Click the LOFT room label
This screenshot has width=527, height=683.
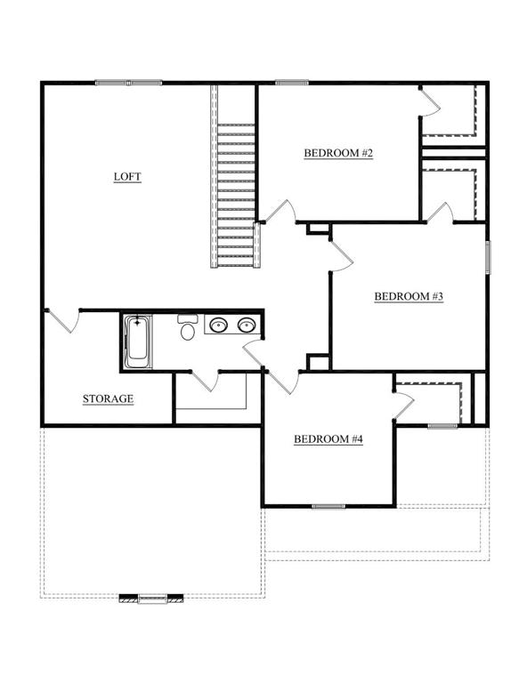point(127,176)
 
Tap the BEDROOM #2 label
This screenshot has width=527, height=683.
point(338,153)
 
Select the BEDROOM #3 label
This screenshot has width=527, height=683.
point(409,296)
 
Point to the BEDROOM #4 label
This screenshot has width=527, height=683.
point(328,438)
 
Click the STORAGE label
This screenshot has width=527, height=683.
point(108,398)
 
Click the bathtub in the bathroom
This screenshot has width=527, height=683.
point(138,341)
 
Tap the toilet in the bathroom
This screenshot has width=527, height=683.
point(188,327)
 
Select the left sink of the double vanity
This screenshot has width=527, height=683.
point(218,325)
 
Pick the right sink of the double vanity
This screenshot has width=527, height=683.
point(247,325)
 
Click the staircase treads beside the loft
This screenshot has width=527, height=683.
point(236,195)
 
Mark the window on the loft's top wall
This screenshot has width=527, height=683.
point(128,82)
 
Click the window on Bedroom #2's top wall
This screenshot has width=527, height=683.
point(292,82)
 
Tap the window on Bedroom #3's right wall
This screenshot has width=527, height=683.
point(488,257)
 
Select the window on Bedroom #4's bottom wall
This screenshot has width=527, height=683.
point(328,506)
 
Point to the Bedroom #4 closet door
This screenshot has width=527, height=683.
point(402,406)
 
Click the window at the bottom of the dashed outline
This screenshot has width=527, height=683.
point(152,599)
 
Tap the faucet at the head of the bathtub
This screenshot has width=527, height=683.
point(138,322)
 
